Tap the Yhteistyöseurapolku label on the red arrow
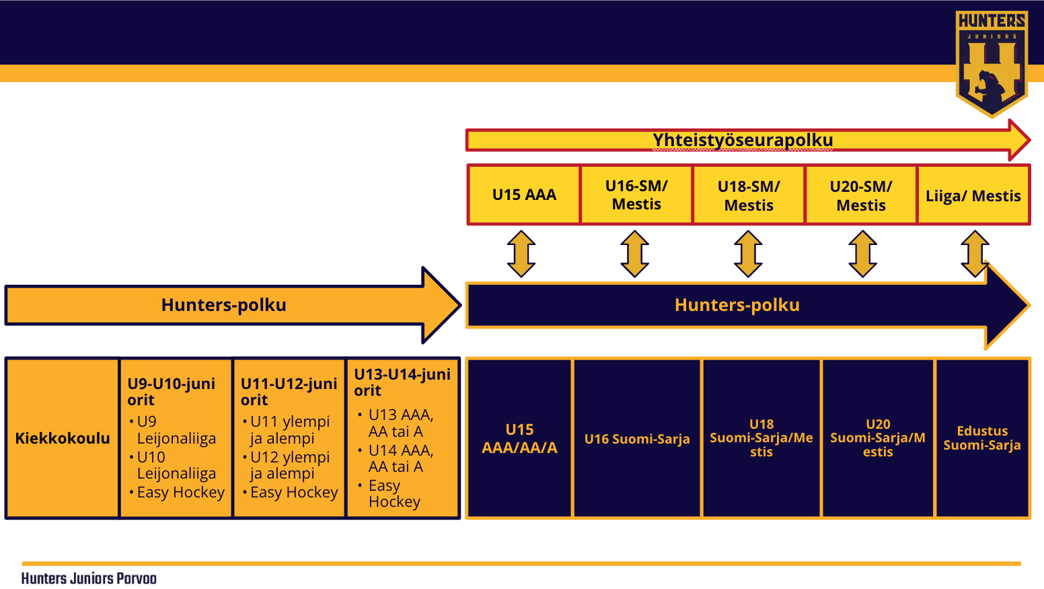click(743, 140)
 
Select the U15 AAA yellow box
click(524, 195)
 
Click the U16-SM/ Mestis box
click(636, 195)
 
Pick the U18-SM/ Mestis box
click(749, 195)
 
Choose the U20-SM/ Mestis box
click(861, 195)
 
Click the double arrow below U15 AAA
click(521, 254)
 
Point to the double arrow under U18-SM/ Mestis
click(748, 254)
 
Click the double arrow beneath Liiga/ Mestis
click(975, 254)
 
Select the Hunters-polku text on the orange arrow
click(224, 305)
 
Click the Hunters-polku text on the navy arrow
click(737, 305)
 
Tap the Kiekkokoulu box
click(63, 438)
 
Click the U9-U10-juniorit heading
click(171, 391)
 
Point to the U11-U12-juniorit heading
click(289, 391)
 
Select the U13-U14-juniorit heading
click(402, 382)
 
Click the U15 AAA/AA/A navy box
click(519, 438)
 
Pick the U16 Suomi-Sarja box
click(637, 439)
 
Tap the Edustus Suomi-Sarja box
click(981, 438)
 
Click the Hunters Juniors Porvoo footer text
click(89, 578)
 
